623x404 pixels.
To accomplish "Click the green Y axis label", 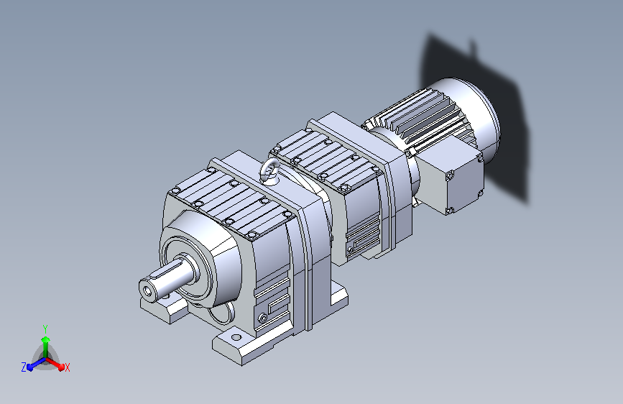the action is [45, 329].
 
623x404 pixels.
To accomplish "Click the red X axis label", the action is [67, 367].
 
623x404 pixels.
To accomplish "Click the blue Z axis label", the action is [24, 367].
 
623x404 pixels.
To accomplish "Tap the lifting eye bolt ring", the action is [269, 172].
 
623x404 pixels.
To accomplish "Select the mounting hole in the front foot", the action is [236, 338].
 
